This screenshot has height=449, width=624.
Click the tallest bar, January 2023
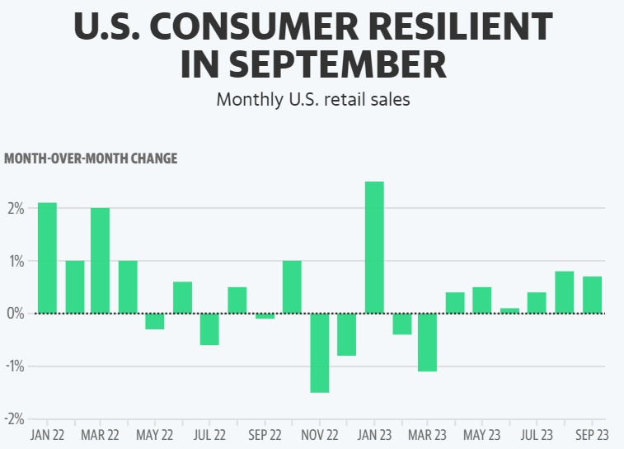click(374, 248)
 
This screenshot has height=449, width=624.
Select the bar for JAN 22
click(48, 258)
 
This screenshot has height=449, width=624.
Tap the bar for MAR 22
click(101, 260)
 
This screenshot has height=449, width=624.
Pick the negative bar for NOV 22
click(320, 352)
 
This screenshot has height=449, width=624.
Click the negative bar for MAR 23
click(427, 343)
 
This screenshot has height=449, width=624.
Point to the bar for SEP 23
click(592, 295)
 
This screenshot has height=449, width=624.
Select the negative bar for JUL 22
click(209, 329)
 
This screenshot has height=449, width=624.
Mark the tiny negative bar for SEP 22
click(265, 316)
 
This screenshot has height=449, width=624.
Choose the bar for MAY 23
click(482, 300)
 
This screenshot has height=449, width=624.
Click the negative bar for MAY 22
click(155, 322)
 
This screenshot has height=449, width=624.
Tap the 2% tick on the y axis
click(15, 208)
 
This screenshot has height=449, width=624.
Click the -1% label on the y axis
click(14, 366)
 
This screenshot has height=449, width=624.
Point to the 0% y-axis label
click(15, 314)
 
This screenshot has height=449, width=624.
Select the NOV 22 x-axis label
click(319, 434)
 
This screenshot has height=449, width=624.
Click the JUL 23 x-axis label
click(537, 434)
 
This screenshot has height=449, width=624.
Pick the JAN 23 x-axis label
click(374, 434)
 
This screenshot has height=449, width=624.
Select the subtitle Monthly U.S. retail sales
click(312, 99)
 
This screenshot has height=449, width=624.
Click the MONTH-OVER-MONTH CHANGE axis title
click(91, 158)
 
